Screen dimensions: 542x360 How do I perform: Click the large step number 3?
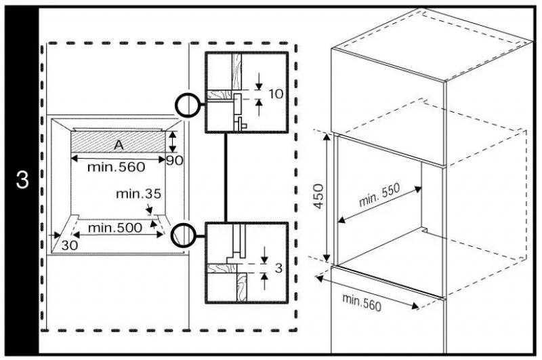click(22, 180)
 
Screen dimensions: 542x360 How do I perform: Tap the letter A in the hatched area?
click(119, 145)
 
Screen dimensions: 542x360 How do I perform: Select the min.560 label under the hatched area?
click(116, 167)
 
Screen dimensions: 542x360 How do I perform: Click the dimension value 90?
click(175, 161)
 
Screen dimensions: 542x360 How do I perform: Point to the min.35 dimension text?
click(139, 194)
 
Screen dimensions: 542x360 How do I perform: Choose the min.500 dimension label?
click(115, 228)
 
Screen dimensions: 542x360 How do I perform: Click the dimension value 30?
click(70, 245)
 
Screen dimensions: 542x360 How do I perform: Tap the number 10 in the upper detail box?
click(276, 94)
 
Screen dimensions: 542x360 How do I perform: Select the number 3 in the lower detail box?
click(278, 268)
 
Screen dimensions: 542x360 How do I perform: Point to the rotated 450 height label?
click(318, 196)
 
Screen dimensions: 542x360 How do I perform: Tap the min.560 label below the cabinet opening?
click(362, 302)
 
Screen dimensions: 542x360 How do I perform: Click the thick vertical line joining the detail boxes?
click(226, 178)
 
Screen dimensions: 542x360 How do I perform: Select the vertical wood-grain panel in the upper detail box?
click(236, 71)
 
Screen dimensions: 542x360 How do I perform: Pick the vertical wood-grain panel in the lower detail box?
click(242, 287)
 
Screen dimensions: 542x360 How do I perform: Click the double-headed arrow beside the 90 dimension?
click(173, 142)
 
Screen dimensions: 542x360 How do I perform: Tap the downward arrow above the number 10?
click(259, 81)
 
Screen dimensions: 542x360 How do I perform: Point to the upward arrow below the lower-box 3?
click(264, 281)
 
